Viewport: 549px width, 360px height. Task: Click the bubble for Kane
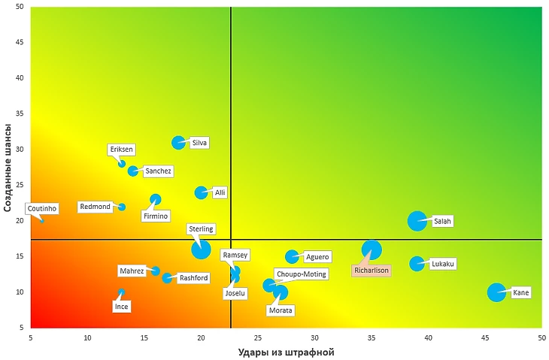496,292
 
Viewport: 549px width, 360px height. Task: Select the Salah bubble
417,221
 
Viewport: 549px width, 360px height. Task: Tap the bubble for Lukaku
417,264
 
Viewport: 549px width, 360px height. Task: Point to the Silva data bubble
178,143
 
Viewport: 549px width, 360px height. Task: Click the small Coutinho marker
42,221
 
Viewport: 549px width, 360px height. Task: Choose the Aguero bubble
292,257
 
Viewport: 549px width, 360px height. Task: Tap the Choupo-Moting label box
301,274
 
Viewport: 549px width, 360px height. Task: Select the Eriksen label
122,150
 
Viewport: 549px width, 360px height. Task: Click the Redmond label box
96,207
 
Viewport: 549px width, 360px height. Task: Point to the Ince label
121,306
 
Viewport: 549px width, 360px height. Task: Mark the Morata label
281,310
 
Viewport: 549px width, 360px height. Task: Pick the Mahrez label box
132,271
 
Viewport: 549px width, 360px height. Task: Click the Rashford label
194,278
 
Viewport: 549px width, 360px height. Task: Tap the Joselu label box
235,293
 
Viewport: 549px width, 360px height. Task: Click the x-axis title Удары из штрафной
286,352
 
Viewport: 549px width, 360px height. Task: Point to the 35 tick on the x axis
372,337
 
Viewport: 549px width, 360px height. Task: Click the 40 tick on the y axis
18,78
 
